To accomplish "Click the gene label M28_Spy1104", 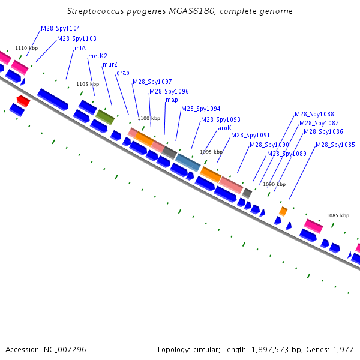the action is coord(61,28).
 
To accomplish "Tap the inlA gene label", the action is coord(80,48).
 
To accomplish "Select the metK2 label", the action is coord(98,56).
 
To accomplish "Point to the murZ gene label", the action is coord(110,65).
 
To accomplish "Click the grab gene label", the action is coord(123,73).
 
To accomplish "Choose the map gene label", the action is coord(172,100).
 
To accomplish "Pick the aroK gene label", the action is coord(224,128).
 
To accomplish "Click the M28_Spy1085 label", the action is coord(335,145).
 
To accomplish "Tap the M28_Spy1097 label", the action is coord(152,82).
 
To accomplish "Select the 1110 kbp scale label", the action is coord(26,48).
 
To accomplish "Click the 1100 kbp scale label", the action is coord(149,118).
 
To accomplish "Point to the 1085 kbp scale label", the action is coord(338,215).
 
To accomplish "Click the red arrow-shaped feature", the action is coord(23,101).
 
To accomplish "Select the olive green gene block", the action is coord(105,117).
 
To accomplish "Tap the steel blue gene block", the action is coord(188,163).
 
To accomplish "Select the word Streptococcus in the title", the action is coord(95,11).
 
